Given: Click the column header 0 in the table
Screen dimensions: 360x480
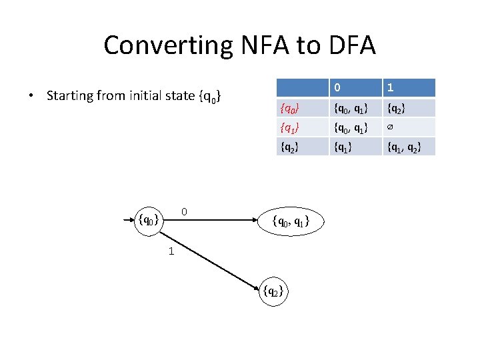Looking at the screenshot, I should [x=339, y=88].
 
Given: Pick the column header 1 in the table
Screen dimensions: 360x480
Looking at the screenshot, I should [x=390, y=88].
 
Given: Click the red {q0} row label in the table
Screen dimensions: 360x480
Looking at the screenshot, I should [x=290, y=107].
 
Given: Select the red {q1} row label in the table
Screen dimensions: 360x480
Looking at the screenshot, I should [x=290, y=127].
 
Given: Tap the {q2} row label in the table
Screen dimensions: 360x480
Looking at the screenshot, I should [x=290, y=145].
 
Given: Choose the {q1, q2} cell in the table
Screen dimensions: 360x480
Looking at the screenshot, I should [x=404, y=145].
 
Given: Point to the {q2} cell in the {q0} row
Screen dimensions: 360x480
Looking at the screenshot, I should [x=397, y=107].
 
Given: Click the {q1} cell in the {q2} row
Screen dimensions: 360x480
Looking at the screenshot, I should [x=345, y=145].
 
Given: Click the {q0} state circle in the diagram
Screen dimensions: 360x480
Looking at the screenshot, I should [x=147, y=218].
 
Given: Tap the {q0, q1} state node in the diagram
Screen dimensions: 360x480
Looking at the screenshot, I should [x=289, y=220].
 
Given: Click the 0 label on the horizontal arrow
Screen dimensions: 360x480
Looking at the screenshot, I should [x=185, y=211].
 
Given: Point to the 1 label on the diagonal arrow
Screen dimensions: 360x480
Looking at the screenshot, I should [x=171, y=251].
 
